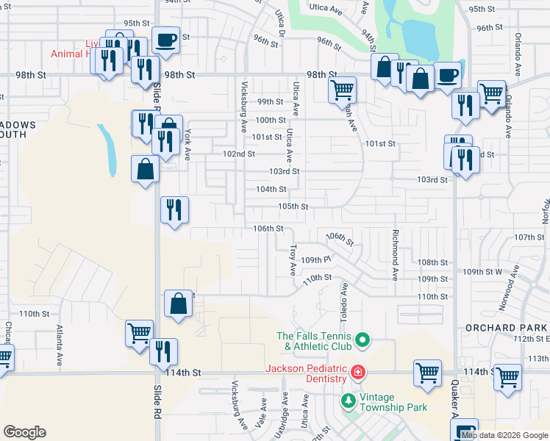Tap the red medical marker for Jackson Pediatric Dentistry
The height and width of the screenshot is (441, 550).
click(x=357, y=373)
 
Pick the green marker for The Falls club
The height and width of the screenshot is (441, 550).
click(x=362, y=340)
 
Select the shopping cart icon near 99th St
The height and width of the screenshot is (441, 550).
click(x=342, y=90)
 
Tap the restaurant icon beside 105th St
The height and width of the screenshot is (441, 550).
click(x=175, y=209)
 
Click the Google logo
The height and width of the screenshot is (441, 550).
click(x=24, y=432)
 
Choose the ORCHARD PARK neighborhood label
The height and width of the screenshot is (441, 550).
click(x=507, y=327)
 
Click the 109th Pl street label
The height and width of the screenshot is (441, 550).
click(x=317, y=259)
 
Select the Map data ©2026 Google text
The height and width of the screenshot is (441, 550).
click(x=504, y=435)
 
